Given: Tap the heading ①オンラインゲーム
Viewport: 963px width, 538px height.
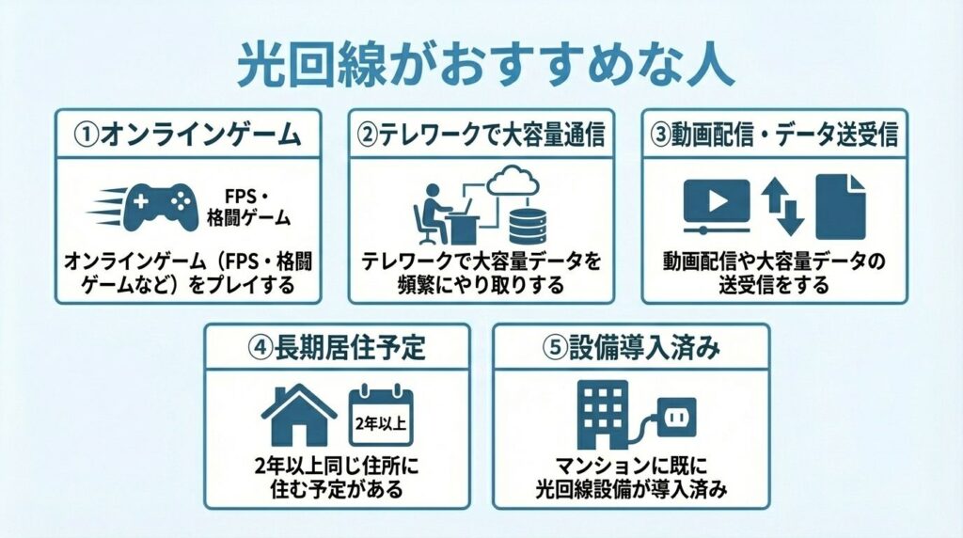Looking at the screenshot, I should pos(187,134).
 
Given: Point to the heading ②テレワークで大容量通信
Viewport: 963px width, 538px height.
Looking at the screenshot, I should pos(481,134).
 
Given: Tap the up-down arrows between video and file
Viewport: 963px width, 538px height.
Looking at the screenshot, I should pos(782,206).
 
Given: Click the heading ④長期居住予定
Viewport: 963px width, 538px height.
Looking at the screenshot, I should pos(337,349).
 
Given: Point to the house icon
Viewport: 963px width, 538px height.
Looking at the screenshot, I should pos(299,415).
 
